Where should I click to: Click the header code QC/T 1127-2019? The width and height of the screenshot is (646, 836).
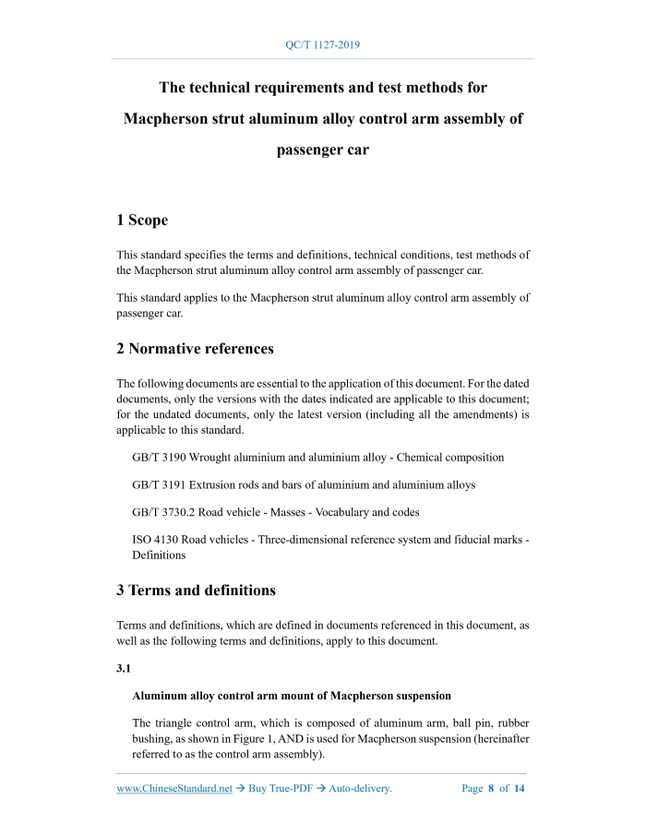[322, 44]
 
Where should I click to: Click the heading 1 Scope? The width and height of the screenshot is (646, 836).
[142, 221]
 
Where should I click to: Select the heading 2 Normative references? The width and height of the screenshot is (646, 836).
[195, 349]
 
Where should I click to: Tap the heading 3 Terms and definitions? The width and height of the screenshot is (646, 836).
[196, 590]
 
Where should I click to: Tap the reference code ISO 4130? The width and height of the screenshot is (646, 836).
[154, 539]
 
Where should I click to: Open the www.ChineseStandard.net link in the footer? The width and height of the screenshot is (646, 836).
[174, 789]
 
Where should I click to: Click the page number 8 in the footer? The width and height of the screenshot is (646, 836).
[491, 789]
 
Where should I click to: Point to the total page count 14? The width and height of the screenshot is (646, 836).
[519, 789]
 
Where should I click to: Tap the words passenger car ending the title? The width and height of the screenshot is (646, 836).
[323, 150]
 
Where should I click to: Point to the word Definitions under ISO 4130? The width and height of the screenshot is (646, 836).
[159, 555]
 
